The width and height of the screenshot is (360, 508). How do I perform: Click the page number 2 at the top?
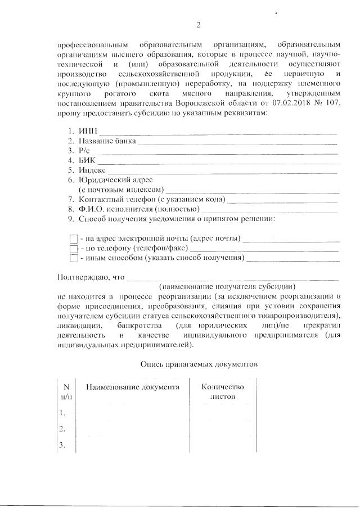[x=198, y=24]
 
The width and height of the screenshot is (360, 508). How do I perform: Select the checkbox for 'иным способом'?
[x=73, y=258]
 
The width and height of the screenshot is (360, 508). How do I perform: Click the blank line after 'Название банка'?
[x=237, y=142]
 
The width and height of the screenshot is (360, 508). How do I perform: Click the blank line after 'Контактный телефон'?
[x=283, y=201]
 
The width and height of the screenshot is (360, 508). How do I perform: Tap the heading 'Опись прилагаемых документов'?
[x=199, y=363]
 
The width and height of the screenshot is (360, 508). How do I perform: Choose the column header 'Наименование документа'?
[x=132, y=387]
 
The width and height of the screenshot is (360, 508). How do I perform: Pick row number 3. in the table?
[x=64, y=446]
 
